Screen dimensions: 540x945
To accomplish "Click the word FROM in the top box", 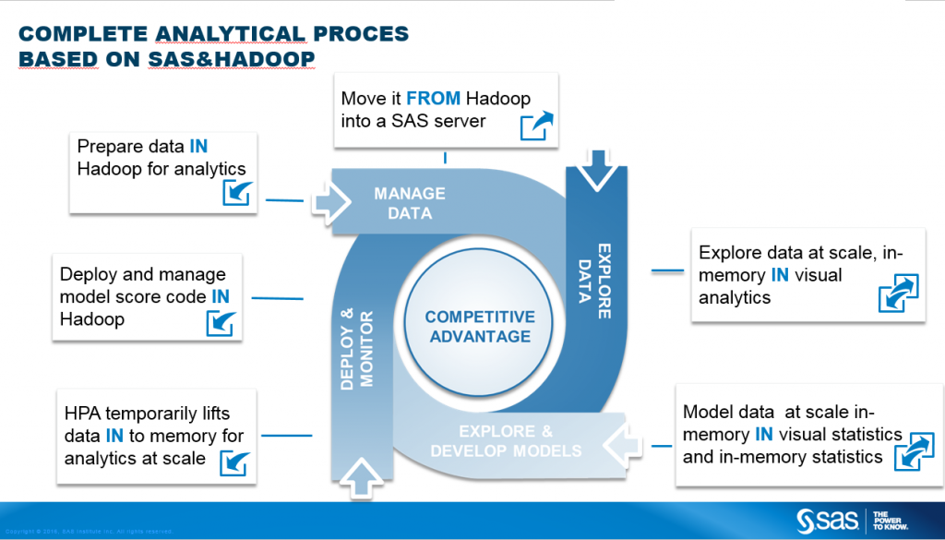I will (433, 99).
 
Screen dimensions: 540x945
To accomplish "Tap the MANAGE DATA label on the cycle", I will (409, 203).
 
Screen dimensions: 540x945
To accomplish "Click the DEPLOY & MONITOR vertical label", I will (355, 351).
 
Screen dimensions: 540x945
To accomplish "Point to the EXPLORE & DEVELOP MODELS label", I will (507, 440).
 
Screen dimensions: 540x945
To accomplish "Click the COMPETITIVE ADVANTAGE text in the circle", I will (480, 327).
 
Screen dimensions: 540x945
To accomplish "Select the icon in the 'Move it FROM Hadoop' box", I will (536, 125).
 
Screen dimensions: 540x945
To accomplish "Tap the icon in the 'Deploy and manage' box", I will (220, 323).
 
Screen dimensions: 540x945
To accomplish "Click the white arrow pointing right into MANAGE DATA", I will (329, 200).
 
